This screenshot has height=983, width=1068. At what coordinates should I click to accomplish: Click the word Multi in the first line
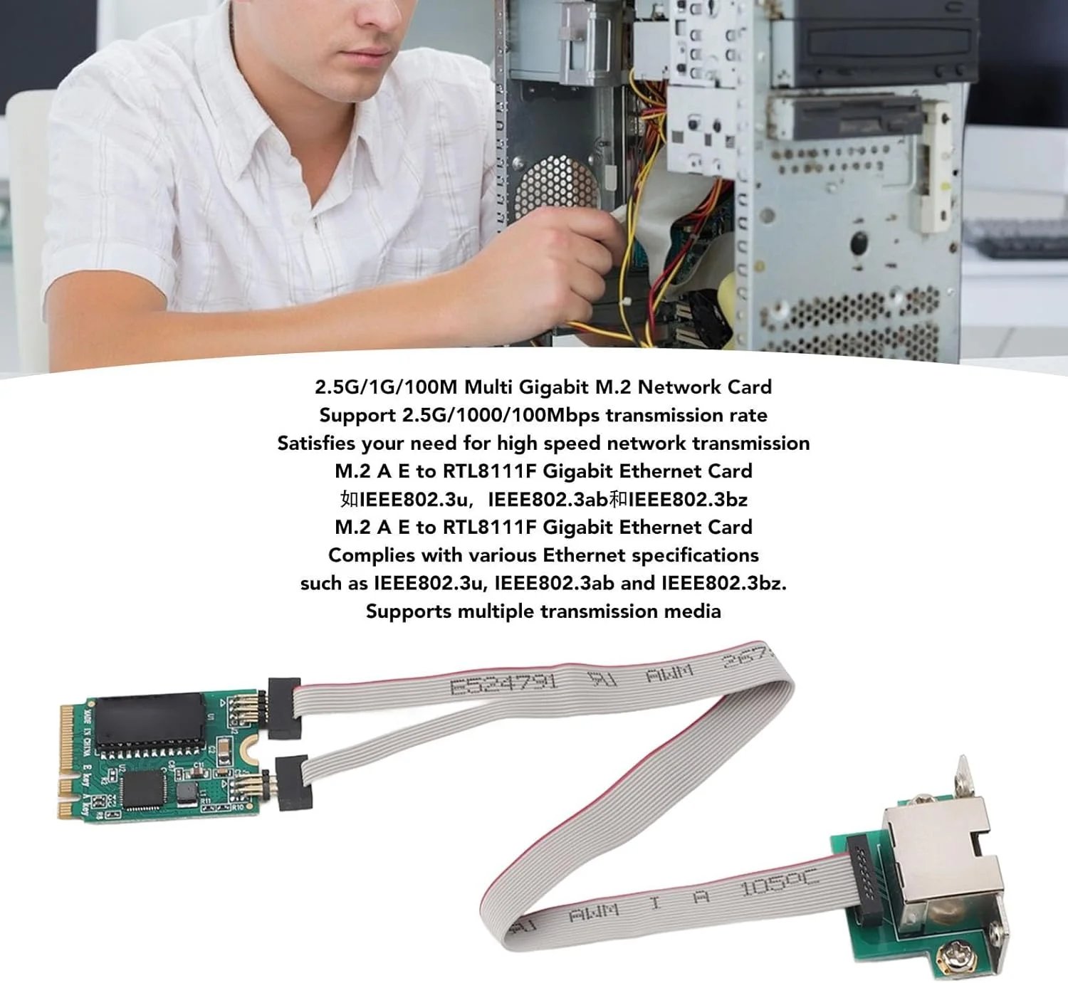488,387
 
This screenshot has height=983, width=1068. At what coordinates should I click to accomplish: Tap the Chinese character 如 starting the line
349,499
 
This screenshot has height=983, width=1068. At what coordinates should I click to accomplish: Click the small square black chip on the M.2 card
145,789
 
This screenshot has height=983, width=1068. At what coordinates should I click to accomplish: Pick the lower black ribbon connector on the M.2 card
293,782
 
